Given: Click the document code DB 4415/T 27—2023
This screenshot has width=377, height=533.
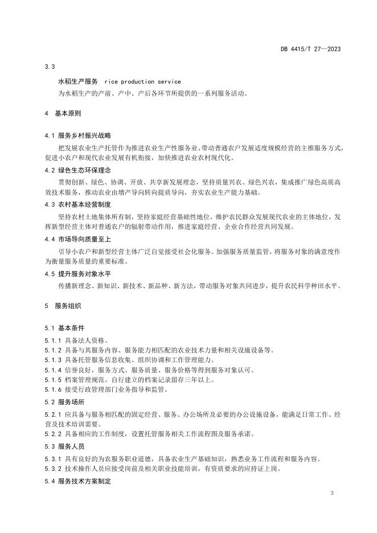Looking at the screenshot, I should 310,49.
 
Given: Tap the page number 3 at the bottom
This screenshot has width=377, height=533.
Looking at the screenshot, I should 331,493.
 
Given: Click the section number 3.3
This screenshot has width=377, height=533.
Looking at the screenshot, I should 49,67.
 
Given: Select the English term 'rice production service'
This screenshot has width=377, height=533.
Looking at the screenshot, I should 143,82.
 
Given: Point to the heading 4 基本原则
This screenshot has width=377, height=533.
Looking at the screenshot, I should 62,113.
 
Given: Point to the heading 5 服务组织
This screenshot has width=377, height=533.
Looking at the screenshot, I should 62,306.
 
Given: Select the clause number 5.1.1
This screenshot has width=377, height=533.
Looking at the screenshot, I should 52,340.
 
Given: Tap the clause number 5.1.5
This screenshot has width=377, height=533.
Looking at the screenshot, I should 52,379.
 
